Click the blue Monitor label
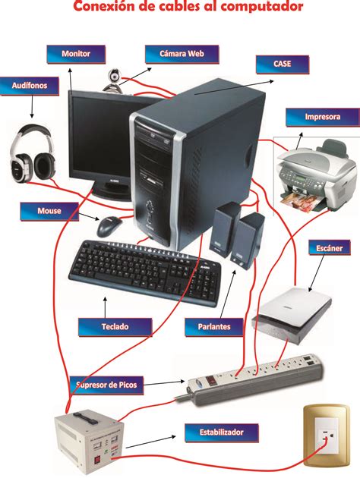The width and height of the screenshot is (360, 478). click(77, 55)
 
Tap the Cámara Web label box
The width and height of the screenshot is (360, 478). click(182, 55)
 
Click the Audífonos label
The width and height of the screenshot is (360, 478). click(30, 86)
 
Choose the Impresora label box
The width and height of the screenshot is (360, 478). click(322, 118)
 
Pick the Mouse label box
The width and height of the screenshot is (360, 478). click(49, 209)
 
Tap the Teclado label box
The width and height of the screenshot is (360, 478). click(115, 327)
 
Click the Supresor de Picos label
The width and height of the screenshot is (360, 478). click(107, 385)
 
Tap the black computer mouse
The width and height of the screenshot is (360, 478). click(110, 225)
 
